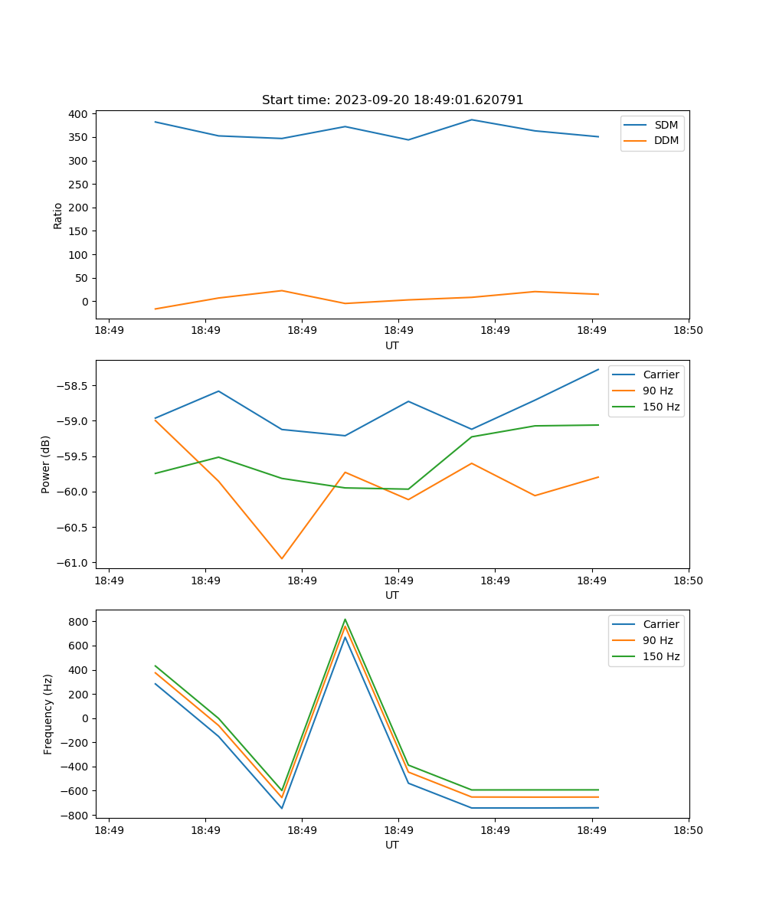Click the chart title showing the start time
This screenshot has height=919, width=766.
[392, 100]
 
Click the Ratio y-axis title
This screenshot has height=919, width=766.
[58, 215]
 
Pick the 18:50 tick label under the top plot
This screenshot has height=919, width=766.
[688, 330]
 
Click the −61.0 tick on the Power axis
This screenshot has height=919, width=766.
[75, 563]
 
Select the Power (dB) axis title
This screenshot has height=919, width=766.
[46, 464]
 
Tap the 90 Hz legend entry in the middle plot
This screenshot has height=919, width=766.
[657, 391]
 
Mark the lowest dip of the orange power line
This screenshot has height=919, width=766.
[282, 558]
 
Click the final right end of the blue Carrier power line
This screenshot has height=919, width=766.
[598, 369]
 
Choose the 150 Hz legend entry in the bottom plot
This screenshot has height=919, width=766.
[661, 656]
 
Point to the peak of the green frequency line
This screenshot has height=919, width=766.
[345, 619]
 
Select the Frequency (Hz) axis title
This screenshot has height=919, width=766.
[47, 714]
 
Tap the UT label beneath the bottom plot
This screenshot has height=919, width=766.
[392, 845]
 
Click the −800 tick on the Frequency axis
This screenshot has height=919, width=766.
[75, 816]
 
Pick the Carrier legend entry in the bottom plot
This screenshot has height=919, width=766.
[660, 624]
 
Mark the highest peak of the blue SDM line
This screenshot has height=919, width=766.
[472, 119]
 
